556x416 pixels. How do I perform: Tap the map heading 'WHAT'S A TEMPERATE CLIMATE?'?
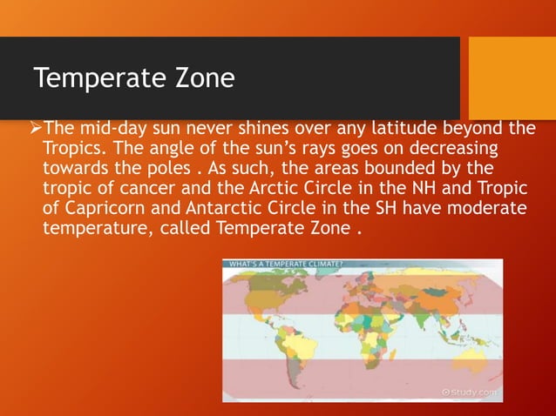click(x=285, y=264)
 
